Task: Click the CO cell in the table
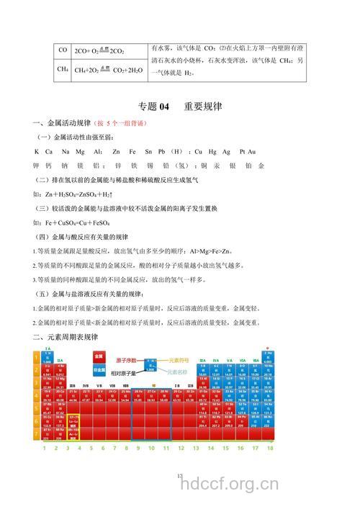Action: pyautogui.click(x=63, y=50)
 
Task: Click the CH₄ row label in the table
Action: pyautogui.click(x=63, y=70)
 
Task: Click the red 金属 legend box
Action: pyautogui.click(x=99, y=356)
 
